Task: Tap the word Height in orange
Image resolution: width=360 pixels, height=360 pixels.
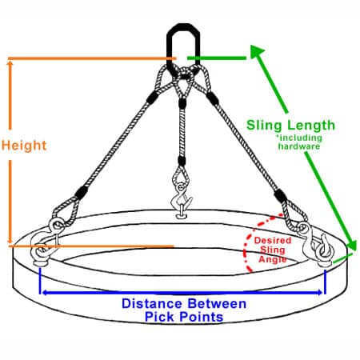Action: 24,146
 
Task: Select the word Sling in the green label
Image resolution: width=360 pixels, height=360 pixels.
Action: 264,125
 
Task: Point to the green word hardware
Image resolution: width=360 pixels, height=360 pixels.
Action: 299,146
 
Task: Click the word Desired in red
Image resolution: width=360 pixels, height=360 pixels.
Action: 273,240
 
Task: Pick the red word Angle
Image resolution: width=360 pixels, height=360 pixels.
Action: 273,259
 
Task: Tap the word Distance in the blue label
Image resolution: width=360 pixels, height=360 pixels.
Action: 152,303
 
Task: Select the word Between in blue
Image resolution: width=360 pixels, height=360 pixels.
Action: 217,303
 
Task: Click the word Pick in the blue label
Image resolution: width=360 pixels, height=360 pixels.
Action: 159,317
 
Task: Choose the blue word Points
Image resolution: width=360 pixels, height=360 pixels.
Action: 201,317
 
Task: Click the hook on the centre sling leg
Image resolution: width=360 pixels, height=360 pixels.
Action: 182,201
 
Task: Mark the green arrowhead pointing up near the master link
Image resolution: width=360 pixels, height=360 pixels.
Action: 257,51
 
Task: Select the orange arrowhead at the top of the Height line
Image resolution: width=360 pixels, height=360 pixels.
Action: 10,64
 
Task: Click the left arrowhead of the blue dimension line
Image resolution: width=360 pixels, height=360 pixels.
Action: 46,293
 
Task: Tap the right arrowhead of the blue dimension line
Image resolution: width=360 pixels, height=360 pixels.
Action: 319,293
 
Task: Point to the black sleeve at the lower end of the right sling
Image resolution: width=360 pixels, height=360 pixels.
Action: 281,196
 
